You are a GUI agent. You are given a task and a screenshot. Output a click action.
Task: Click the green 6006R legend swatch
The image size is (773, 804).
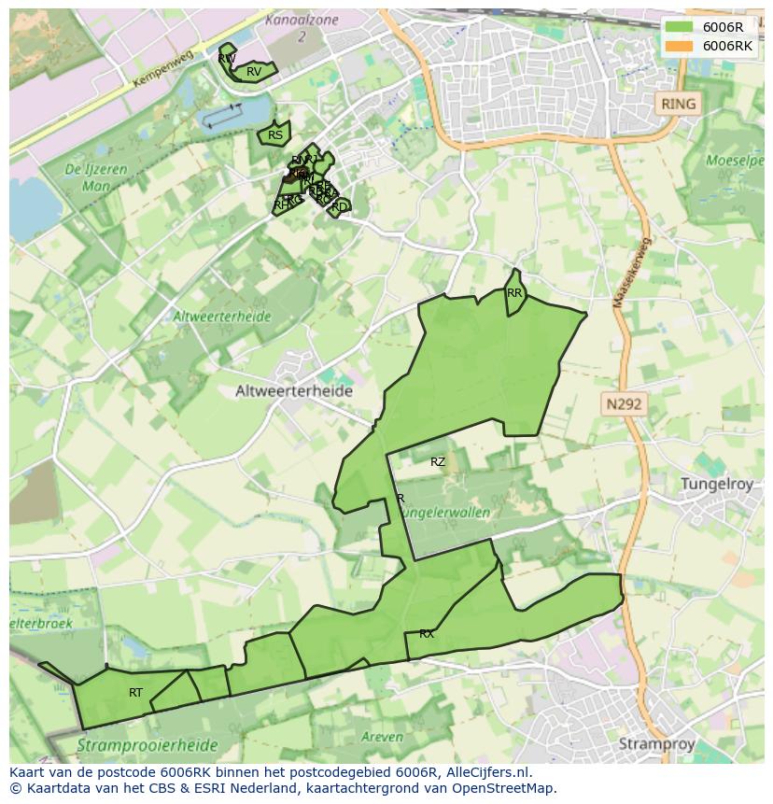click(679, 27)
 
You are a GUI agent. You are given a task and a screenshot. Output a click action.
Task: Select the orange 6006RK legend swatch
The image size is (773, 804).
click(679, 46)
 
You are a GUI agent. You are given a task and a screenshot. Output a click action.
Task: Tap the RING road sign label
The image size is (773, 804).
click(678, 104)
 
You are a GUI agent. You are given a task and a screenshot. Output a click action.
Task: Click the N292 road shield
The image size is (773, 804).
click(624, 404)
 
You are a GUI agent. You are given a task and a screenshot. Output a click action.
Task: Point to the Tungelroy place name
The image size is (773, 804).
click(722, 484)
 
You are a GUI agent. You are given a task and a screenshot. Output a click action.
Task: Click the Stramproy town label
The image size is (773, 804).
click(658, 744)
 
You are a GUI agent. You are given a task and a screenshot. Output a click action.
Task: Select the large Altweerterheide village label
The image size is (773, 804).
click(293, 391)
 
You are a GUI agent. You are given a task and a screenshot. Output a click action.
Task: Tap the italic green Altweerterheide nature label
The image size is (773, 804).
click(221, 317)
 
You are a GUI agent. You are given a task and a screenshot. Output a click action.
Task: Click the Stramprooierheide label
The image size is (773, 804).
click(147, 746)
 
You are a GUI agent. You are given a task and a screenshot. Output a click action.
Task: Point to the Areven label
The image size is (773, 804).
click(382, 737)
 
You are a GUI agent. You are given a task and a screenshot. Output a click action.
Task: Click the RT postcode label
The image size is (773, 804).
click(136, 693)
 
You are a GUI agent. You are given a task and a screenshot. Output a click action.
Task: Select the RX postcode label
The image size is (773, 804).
click(427, 634)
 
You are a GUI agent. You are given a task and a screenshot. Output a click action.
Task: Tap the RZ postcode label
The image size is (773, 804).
click(438, 462)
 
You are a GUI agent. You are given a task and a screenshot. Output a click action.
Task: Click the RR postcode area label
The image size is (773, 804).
click(514, 293)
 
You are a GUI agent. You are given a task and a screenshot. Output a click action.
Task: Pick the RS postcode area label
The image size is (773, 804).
click(274, 135)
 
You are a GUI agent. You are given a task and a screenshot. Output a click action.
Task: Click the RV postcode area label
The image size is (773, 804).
click(254, 72)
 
